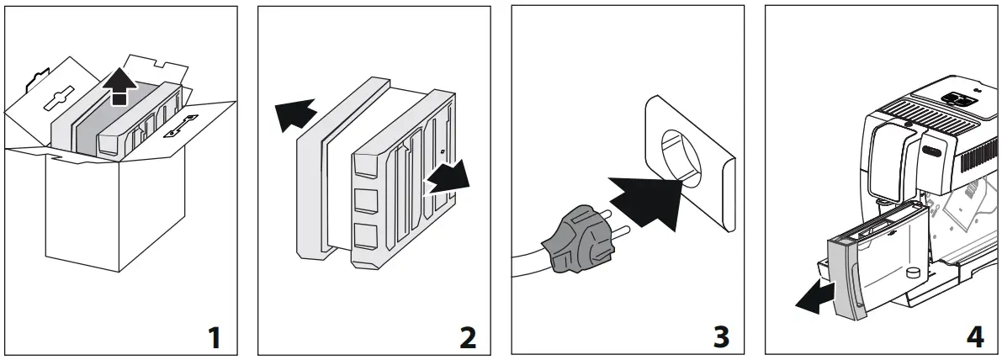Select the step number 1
pos(215,337)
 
